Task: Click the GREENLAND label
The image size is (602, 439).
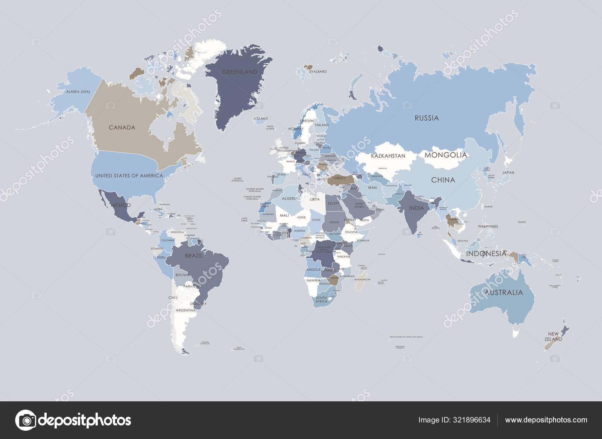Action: click(x=239, y=72)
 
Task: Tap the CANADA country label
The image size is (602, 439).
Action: click(x=122, y=128)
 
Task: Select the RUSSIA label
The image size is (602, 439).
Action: click(x=427, y=118)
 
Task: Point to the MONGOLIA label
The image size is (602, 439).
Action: click(x=446, y=155)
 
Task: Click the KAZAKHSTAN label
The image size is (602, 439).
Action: click(x=388, y=156)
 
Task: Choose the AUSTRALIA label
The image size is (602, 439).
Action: click(x=504, y=293)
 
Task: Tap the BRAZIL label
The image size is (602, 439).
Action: click(x=194, y=256)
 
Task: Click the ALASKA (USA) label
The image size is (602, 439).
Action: click(x=78, y=92)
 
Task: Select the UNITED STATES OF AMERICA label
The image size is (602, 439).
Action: click(x=129, y=176)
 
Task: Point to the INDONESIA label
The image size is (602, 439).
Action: click(x=486, y=254)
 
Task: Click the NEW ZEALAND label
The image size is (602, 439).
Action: click(x=555, y=337)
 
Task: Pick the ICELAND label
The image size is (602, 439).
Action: click(x=260, y=119)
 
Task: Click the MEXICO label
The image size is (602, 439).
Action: click(x=121, y=205)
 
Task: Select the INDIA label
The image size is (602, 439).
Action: click(x=417, y=208)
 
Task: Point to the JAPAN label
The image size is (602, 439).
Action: click(x=508, y=173)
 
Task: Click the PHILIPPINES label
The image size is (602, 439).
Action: click(x=488, y=227)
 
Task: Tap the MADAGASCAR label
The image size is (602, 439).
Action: click(x=363, y=280)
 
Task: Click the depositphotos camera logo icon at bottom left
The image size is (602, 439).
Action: click(x=25, y=420)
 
